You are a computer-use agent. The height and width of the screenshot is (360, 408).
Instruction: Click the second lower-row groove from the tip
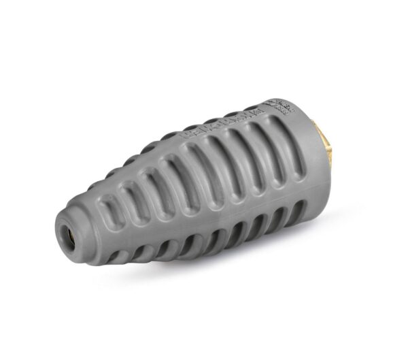[x=136, y=250]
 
